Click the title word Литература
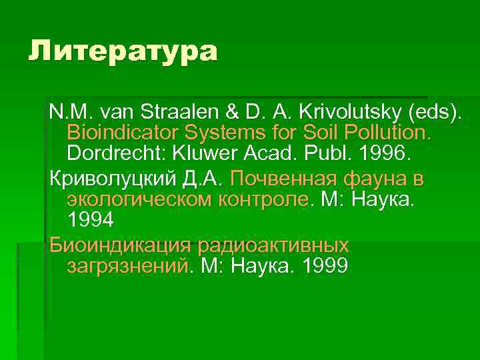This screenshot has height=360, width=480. click(123, 51)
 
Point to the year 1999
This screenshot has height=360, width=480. click(325, 267)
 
